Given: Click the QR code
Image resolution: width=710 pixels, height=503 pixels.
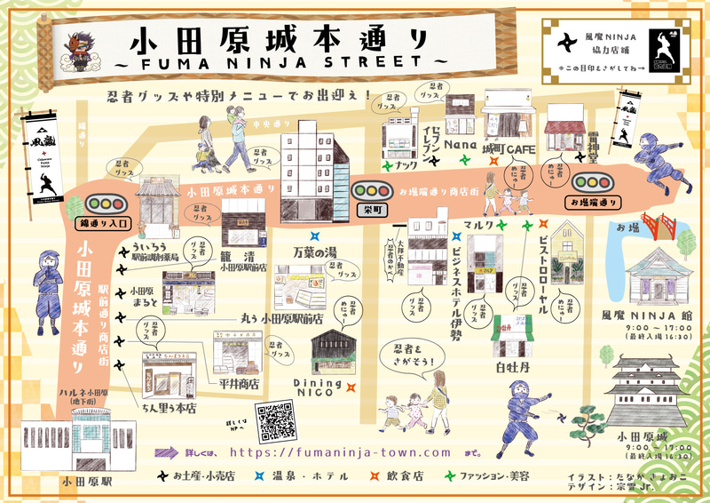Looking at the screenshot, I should tap(274, 422).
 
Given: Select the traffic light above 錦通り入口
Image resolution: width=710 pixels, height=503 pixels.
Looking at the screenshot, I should tap(104, 201).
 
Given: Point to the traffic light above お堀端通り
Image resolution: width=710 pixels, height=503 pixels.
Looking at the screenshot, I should tap(592, 182).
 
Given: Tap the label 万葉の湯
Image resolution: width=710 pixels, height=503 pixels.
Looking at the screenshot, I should tap(319, 254).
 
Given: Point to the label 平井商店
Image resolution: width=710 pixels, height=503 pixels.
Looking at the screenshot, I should tap(238, 384).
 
